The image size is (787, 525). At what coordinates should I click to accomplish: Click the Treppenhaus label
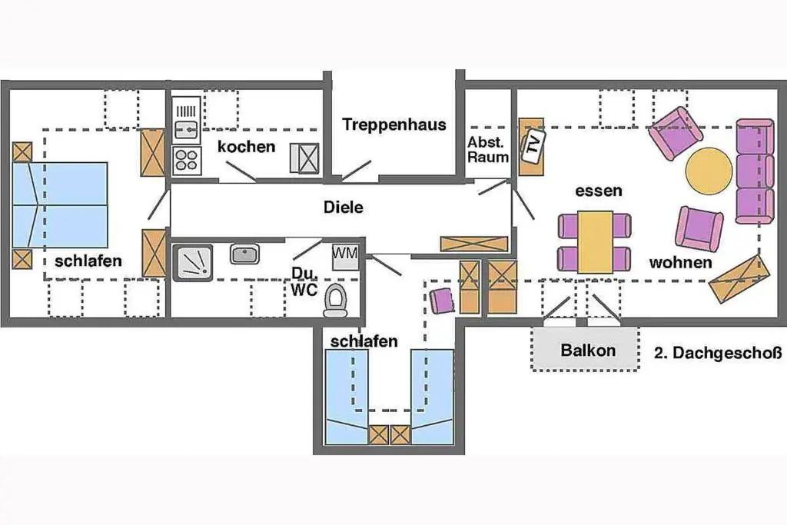(x=394, y=125)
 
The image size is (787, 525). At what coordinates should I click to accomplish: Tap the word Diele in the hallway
(x=344, y=207)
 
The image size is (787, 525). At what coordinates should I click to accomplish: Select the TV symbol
(x=533, y=145)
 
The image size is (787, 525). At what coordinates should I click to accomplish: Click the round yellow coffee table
(x=709, y=170)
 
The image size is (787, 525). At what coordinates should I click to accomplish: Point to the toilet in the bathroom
(x=335, y=301)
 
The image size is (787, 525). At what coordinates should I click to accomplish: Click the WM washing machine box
(x=345, y=257)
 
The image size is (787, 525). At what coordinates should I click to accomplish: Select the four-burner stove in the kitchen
(x=186, y=161)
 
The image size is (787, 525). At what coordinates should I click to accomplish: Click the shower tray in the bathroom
(x=193, y=262)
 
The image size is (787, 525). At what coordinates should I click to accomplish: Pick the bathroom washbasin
(x=244, y=254)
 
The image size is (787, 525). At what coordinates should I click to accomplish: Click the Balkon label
(x=588, y=350)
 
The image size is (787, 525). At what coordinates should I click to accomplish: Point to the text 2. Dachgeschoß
(x=718, y=353)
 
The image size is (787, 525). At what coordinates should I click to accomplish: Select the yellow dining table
(x=595, y=242)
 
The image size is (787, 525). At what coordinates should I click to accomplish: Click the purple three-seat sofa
(x=755, y=171)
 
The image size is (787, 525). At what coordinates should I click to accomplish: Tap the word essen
(x=598, y=191)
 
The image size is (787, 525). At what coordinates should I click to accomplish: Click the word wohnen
(x=680, y=263)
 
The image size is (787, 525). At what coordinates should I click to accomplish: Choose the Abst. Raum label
(x=488, y=150)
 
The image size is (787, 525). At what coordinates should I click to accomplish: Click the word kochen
(x=247, y=147)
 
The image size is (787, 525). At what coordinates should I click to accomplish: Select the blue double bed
(x=59, y=204)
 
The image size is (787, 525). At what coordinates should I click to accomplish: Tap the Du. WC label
(x=304, y=281)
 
